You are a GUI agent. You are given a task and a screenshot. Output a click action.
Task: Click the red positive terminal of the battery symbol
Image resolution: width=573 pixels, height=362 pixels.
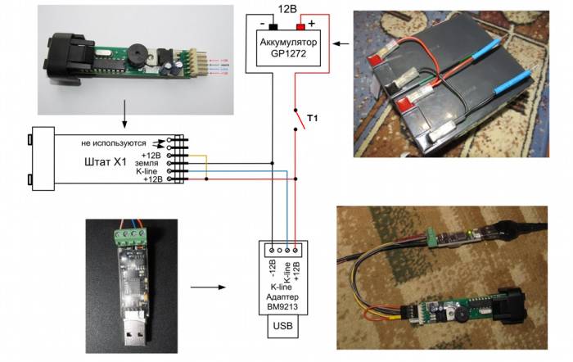click(300, 27)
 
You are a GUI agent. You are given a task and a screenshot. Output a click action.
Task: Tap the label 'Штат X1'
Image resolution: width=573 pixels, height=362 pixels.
click(104, 161)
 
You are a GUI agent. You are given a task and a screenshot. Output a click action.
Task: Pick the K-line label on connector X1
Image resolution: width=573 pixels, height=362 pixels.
click(149, 171)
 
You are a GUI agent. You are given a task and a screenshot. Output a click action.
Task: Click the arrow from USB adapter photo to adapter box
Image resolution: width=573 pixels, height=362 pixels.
click(213, 287)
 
